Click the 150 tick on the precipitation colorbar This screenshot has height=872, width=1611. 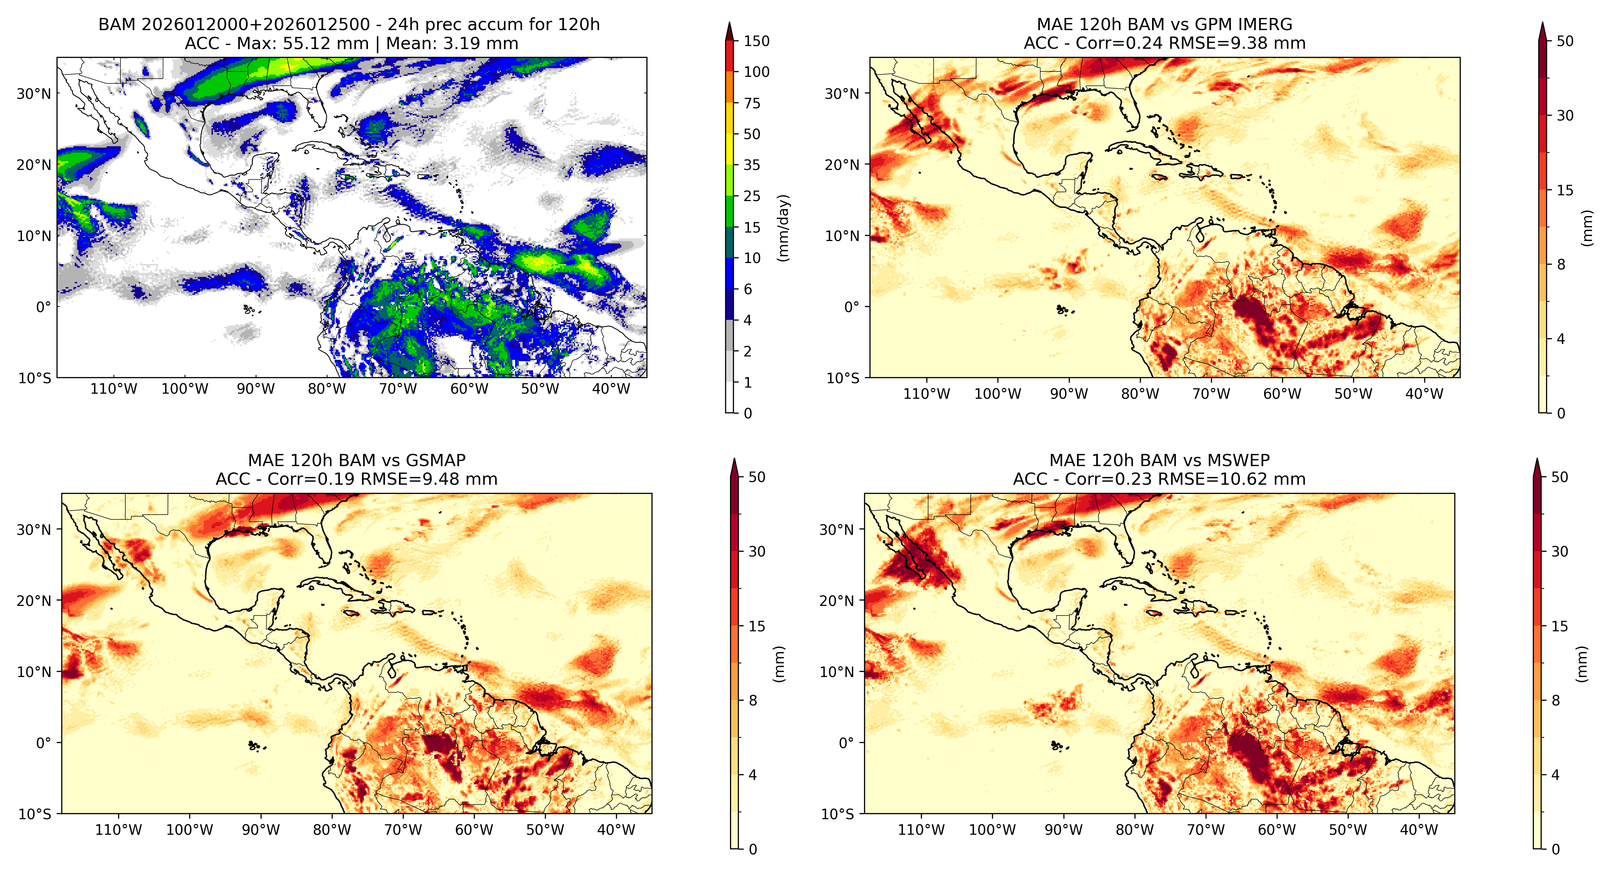[756, 41]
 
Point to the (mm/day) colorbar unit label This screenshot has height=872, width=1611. [783, 228]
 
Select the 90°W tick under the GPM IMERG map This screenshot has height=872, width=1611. [1069, 394]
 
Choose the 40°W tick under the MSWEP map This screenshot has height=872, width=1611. [1419, 830]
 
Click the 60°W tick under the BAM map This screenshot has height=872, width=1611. [469, 389]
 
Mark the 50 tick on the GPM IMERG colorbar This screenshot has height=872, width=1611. [1565, 41]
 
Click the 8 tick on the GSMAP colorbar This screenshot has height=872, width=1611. [753, 701]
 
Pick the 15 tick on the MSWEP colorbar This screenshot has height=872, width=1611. [1560, 626]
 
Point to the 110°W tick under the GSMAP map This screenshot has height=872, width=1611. [119, 830]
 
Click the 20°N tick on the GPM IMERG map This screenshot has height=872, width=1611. [842, 165]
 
